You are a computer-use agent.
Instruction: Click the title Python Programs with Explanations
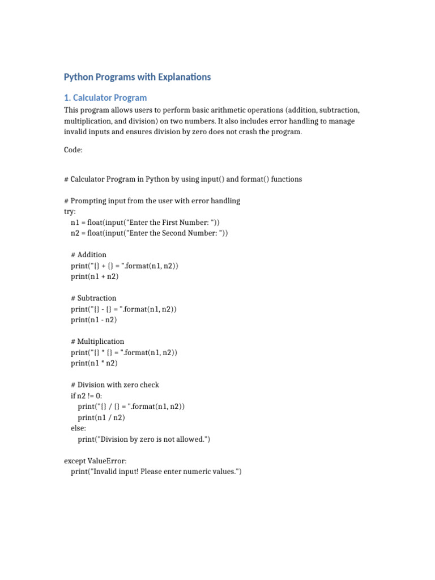(137, 77)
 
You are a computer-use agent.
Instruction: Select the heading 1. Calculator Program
(105, 97)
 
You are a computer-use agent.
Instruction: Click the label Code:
(73, 150)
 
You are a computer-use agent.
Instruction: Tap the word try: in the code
(70, 211)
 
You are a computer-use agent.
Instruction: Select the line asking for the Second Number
(150, 233)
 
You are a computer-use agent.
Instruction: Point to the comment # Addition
(89, 255)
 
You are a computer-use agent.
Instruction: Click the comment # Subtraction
(94, 298)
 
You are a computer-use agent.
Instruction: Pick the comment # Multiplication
(98, 342)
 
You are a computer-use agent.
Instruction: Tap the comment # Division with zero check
(115, 385)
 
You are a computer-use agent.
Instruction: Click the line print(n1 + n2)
(95, 276)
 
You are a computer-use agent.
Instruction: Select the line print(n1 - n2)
(93, 319)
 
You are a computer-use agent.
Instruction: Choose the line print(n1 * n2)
(94, 363)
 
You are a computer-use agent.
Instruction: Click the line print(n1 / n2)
(101, 417)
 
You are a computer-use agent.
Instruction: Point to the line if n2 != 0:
(87, 395)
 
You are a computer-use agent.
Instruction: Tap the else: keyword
(79, 428)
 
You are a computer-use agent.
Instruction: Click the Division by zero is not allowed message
(144, 439)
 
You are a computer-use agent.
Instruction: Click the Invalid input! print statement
(156, 472)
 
